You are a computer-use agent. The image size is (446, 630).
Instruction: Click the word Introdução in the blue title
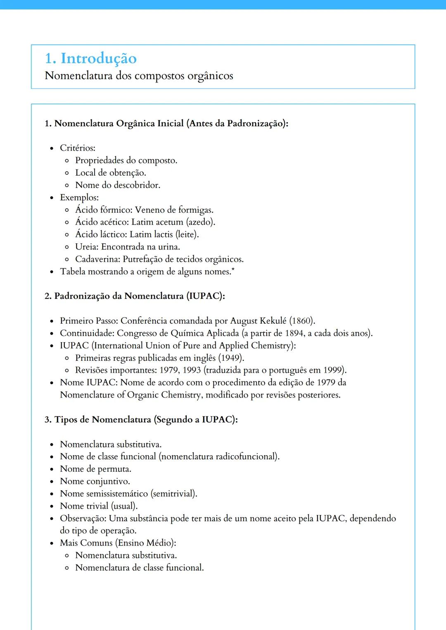pyautogui.click(x=99, y=59)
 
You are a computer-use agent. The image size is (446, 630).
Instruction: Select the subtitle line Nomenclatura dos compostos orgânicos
pyautogui.click(x=139, y=76)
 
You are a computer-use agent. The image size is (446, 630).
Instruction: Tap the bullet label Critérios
pyautogui.click(x=77, y=148)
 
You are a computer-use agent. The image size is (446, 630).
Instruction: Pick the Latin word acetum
pyautogui.click(x=169, y=222)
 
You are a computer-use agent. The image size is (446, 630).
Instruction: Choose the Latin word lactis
pyautogui.click(x=164, y=235)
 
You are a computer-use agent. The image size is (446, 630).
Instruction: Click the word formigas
pyautogui.click(x=195, y=210)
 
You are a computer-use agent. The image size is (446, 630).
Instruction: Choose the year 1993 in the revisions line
pyautogui.click(x=191, y=370)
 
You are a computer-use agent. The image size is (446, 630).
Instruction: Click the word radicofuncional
pyautogui.click(x=247, y=457)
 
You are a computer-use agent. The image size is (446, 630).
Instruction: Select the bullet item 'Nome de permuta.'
pyautogui.click(x=95, y=469)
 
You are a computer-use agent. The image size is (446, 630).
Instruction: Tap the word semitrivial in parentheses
pyautogui.click(x=174, y=494)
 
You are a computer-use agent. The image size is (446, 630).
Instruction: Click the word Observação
pyautogui.click(x=83, y=518)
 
